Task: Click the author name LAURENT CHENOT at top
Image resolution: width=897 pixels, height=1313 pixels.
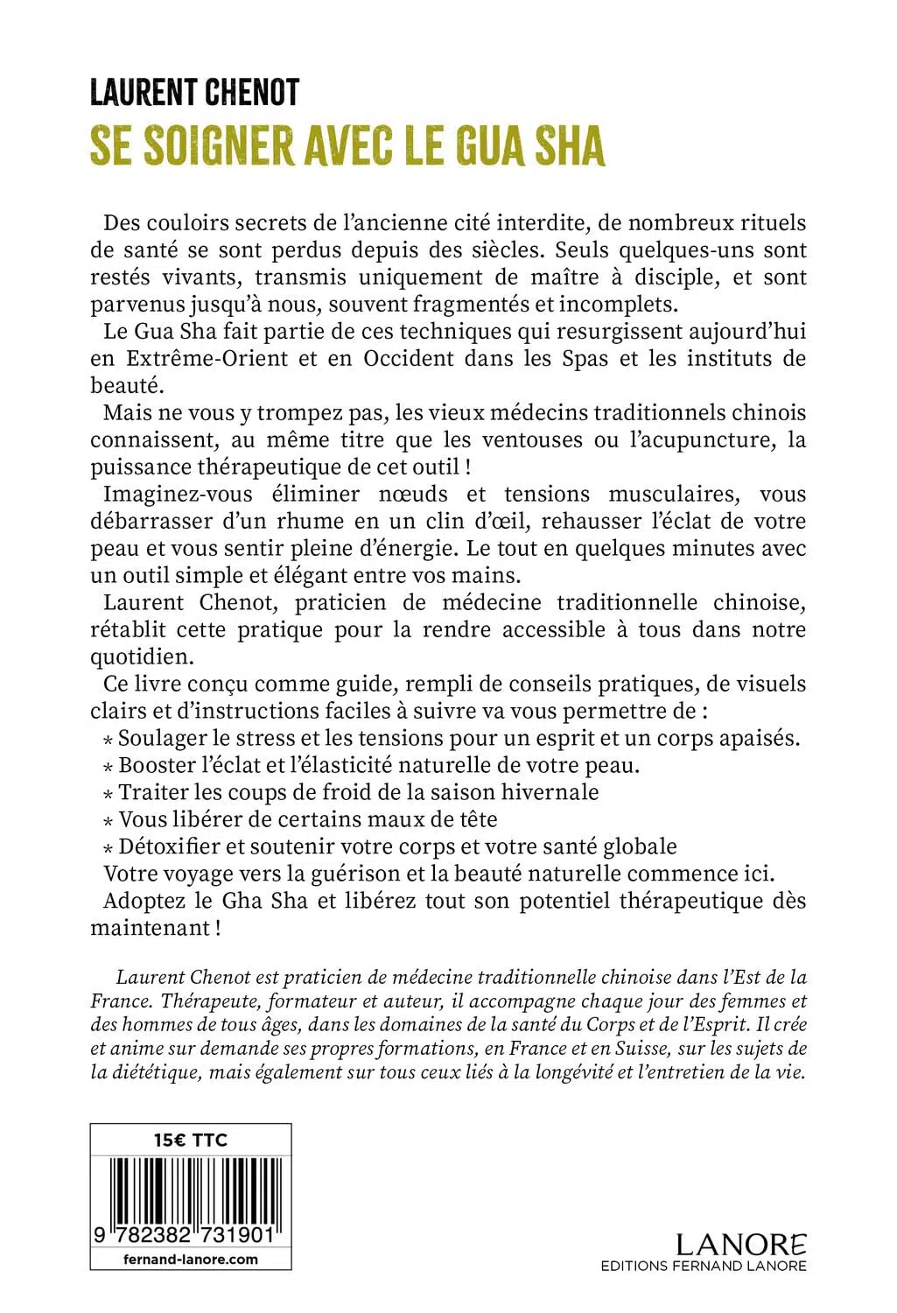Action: pos(194,93)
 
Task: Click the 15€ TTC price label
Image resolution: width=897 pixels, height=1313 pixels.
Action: pos(190,1140)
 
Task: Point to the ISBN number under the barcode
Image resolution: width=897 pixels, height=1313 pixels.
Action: pos(190,1236)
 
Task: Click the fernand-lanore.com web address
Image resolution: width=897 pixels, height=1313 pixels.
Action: pos(190,1259)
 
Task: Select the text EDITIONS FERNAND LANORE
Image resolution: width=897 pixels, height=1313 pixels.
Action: pos(704,1266)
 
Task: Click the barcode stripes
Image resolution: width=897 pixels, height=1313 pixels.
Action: pos(190,1187)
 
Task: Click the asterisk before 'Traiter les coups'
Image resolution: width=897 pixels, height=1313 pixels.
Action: pos(108,794)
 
